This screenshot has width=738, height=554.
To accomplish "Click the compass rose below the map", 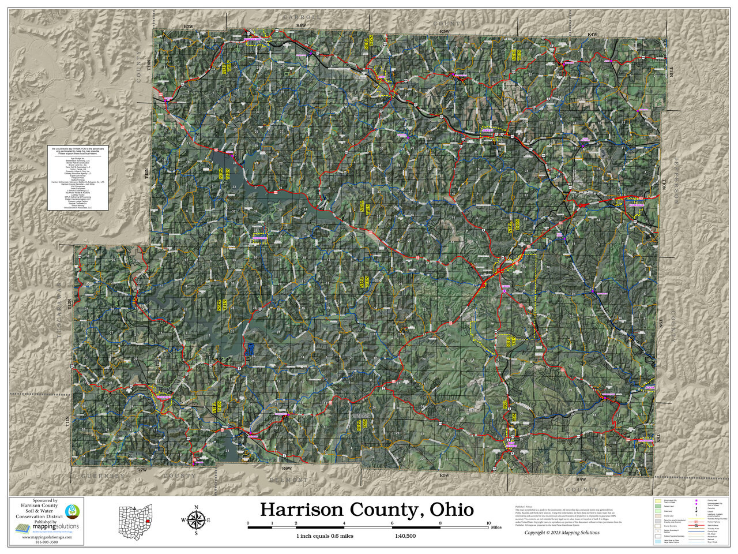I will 196,519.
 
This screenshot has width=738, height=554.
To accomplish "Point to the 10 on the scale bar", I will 489,523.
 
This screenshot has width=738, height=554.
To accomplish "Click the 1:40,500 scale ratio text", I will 405,536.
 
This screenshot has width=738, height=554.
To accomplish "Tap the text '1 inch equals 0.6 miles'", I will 325,536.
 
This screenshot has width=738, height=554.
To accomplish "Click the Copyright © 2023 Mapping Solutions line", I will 562,533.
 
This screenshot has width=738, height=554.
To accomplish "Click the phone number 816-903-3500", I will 47,542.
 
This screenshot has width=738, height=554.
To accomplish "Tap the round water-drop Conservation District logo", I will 73,511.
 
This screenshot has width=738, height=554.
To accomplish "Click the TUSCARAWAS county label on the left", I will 66,323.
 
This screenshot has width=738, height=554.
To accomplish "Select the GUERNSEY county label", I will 104,476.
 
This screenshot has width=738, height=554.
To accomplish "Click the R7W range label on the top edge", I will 188,27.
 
